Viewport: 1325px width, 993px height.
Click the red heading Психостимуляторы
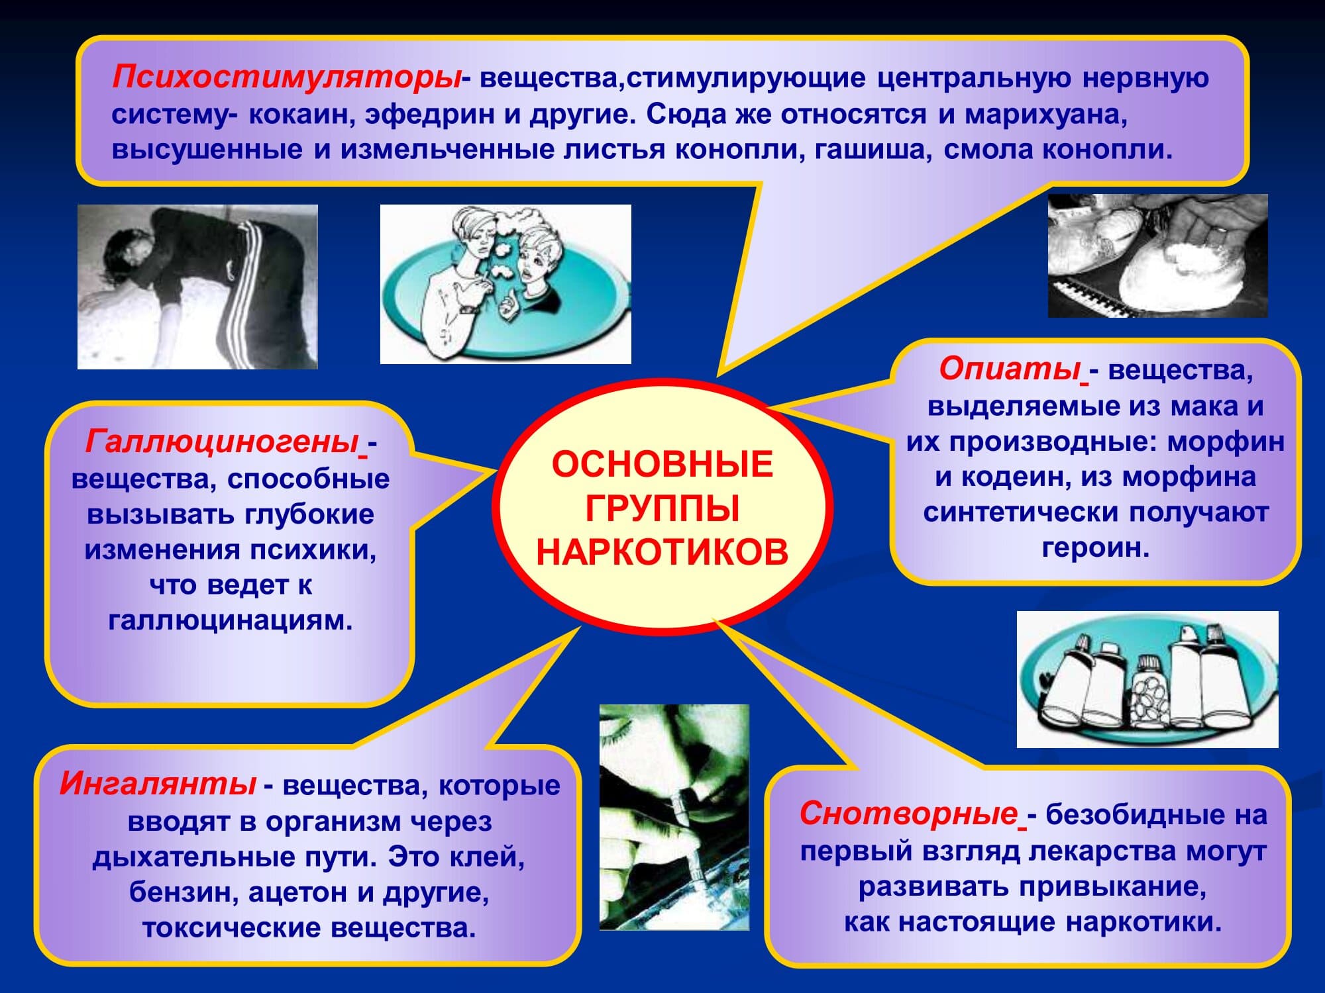287,77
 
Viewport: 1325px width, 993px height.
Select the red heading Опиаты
1010,369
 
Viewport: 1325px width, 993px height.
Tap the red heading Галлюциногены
223,442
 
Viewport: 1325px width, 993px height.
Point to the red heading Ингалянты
158,784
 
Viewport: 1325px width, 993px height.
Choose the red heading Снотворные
908,813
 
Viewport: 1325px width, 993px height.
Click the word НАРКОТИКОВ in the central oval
662,553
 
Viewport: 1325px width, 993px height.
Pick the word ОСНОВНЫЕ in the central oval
662,464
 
